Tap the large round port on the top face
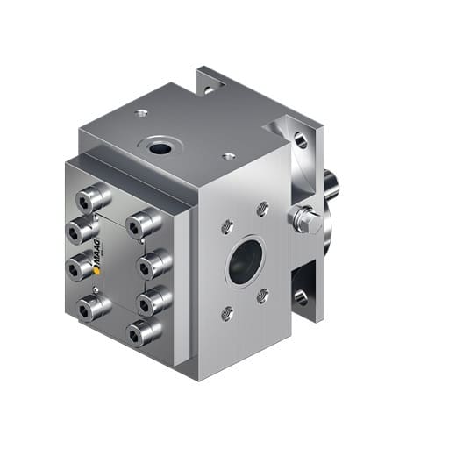160,147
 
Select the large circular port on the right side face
245,260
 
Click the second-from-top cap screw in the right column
153,261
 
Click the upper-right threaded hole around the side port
261,209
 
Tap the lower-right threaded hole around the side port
262,296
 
